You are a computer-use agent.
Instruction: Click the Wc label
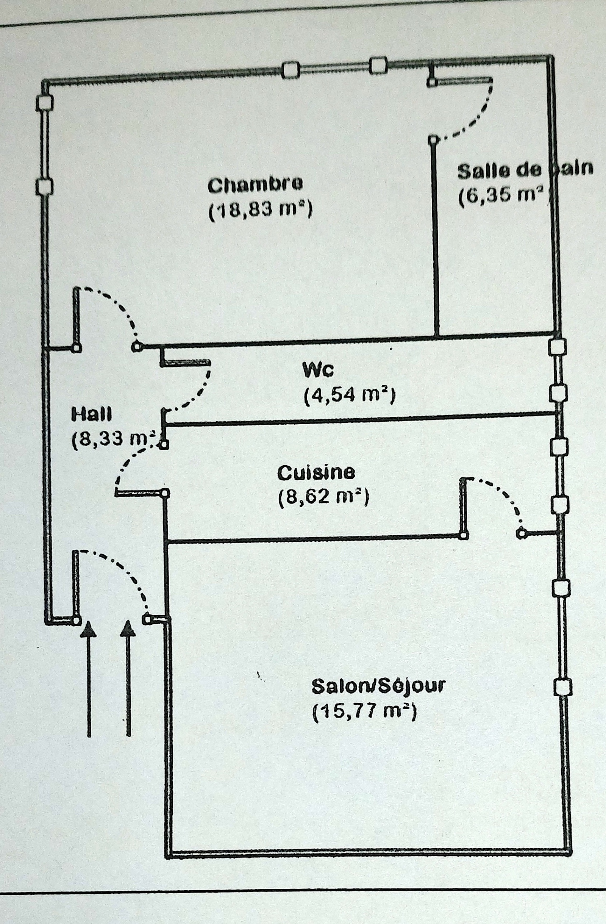click(x=318, y=370)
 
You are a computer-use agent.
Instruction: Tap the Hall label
click(x=92, y=414)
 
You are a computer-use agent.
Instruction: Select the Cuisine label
click(x=316, y=472)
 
